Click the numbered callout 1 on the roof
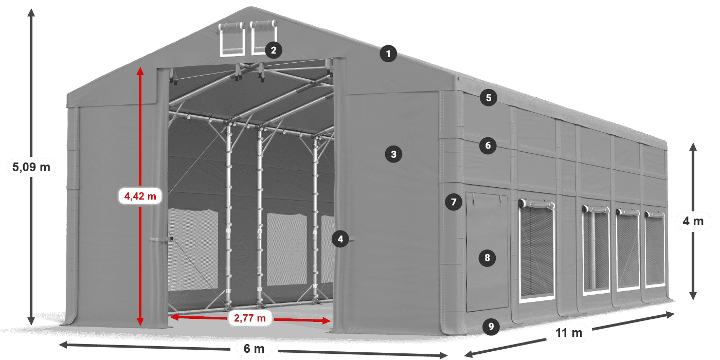point(388,53)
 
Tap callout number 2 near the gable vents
point(274,50)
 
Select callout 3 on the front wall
point(393,154)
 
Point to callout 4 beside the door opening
point(340,239)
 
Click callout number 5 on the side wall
point(489,98)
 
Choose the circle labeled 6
point(488,146)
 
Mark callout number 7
point(454,202)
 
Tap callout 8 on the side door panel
point(488,258)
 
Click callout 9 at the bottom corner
point(491,327)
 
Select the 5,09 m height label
point(31,167)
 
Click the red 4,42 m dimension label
point(140,196)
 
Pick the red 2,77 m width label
point(250,318)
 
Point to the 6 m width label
point(254,349)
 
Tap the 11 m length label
point(569,333)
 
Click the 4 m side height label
point(693,221)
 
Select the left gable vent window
point(232,39)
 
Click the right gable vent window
point(263,38)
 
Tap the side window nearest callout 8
point(537,251)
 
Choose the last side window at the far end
point(655,248)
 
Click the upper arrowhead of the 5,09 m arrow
point(31,13)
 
